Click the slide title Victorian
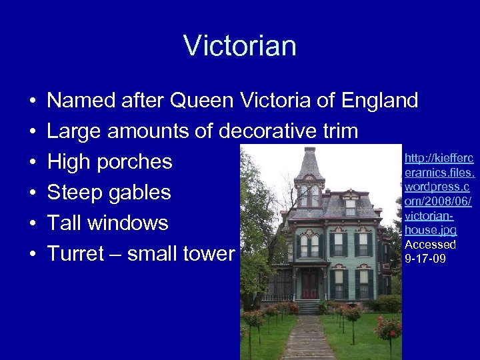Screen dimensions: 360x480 240,46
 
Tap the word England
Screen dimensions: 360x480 380,101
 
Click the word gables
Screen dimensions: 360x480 139,193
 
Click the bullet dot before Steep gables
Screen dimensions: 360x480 31,193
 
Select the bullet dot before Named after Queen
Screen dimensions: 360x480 31,101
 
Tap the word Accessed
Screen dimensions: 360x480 430,244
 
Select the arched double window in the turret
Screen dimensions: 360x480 309,195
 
